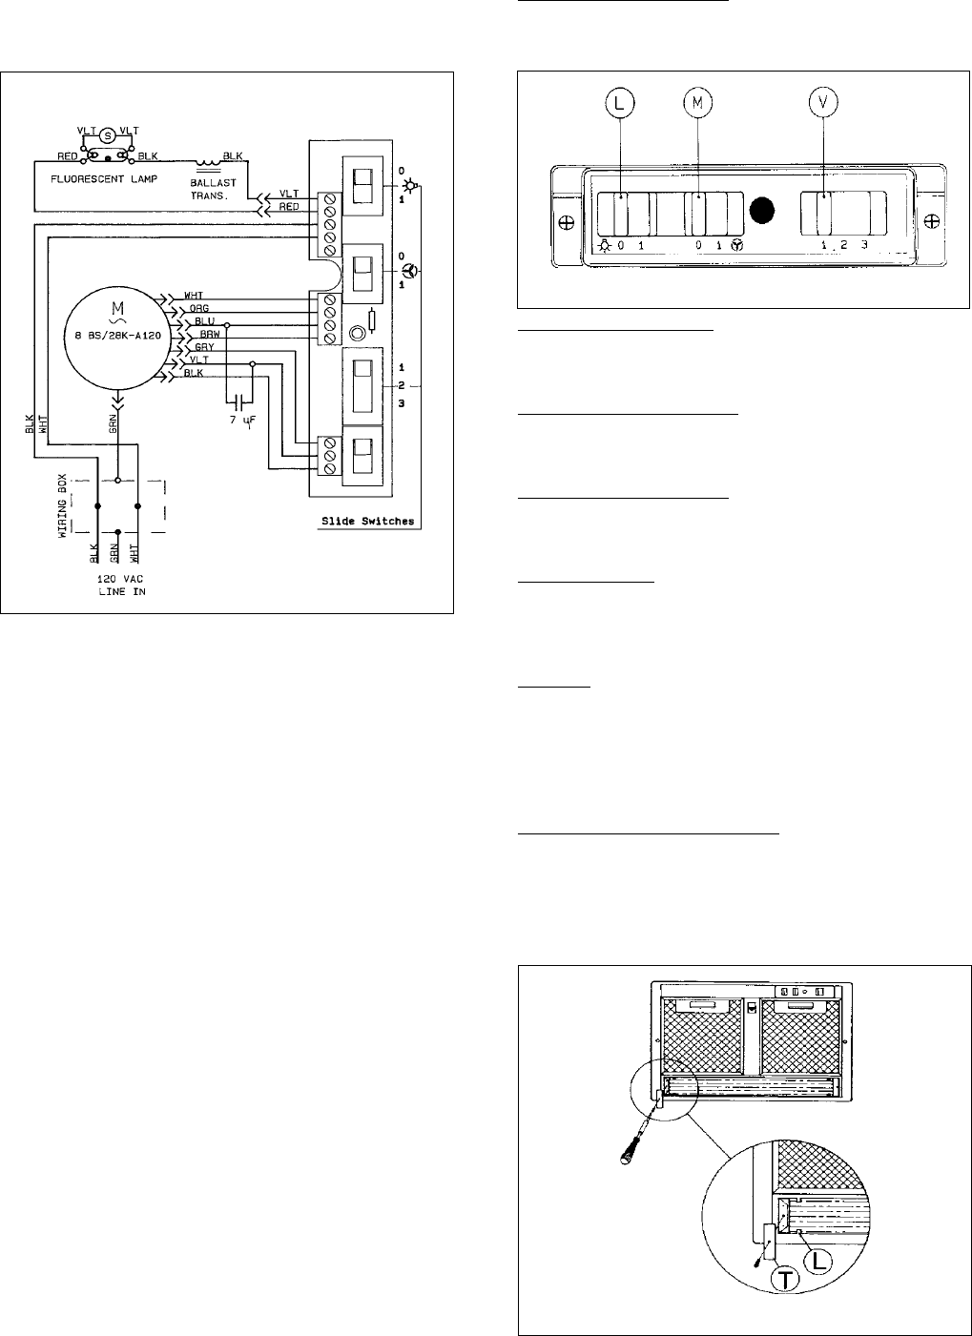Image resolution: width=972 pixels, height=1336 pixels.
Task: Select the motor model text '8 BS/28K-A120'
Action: pos(117,336)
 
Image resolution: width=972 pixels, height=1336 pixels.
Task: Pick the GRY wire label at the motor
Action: pos(204,348)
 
